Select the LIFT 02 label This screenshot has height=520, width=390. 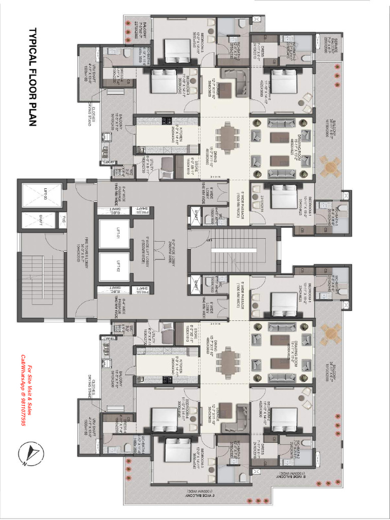point(117,266)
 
